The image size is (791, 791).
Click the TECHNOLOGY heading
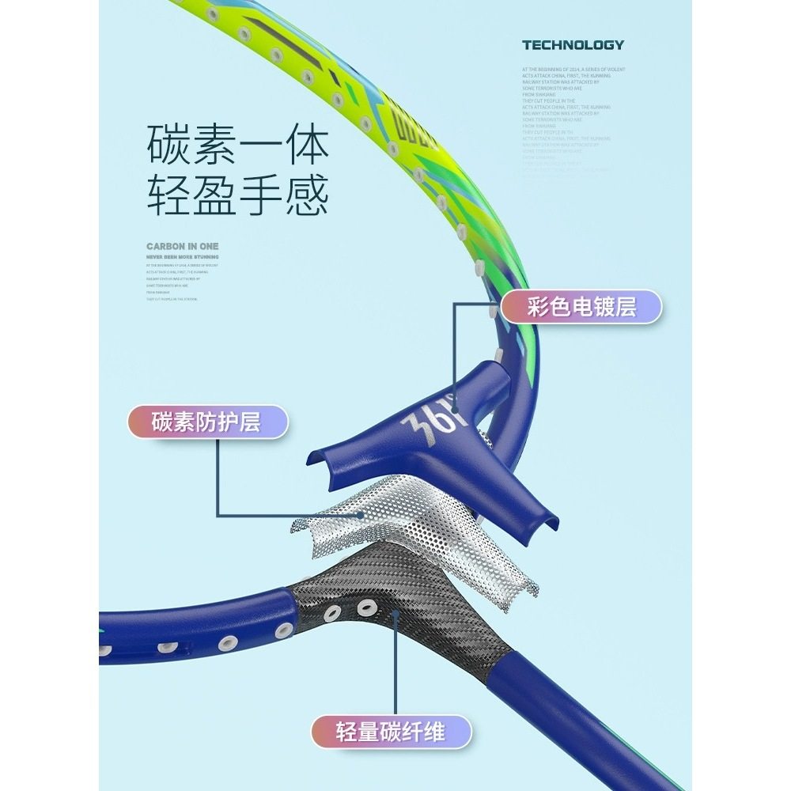coord(573,45)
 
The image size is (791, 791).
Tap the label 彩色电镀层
coord(581,306)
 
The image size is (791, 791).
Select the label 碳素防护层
coord(206,422)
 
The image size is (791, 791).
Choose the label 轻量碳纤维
coord(391,732)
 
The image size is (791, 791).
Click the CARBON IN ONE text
coord(183,246)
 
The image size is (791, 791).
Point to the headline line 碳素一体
coord(238,146)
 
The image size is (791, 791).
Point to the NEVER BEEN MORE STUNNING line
coord(183,257)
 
